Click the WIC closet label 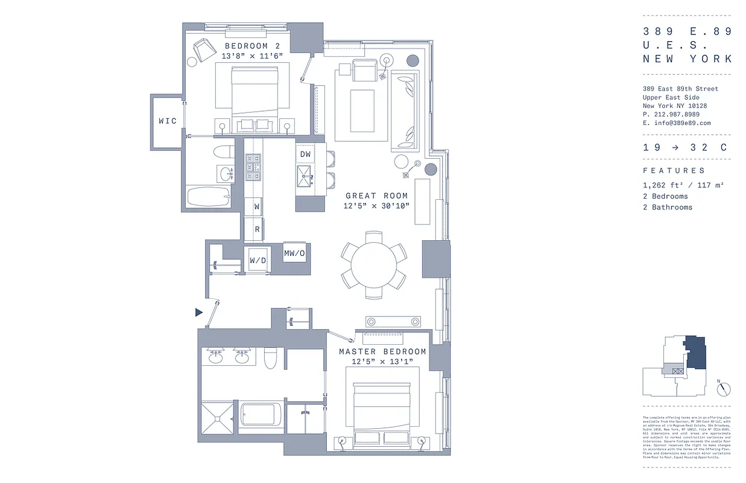coord(168,121)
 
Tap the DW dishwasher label coord(306,154)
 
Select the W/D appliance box coord(258,261)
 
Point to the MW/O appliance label coord(295,254)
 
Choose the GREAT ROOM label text coord(377,196)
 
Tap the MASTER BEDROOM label coord(382,351)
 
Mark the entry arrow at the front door coord(199,312)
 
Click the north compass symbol coord(724,389)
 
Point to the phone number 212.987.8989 coord(675,114)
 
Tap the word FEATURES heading coord(674,171)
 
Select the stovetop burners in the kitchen coord(253,168)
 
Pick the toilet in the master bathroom coord(270,358)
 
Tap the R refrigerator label coord(257,229)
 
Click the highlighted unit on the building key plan coord(696,353)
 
